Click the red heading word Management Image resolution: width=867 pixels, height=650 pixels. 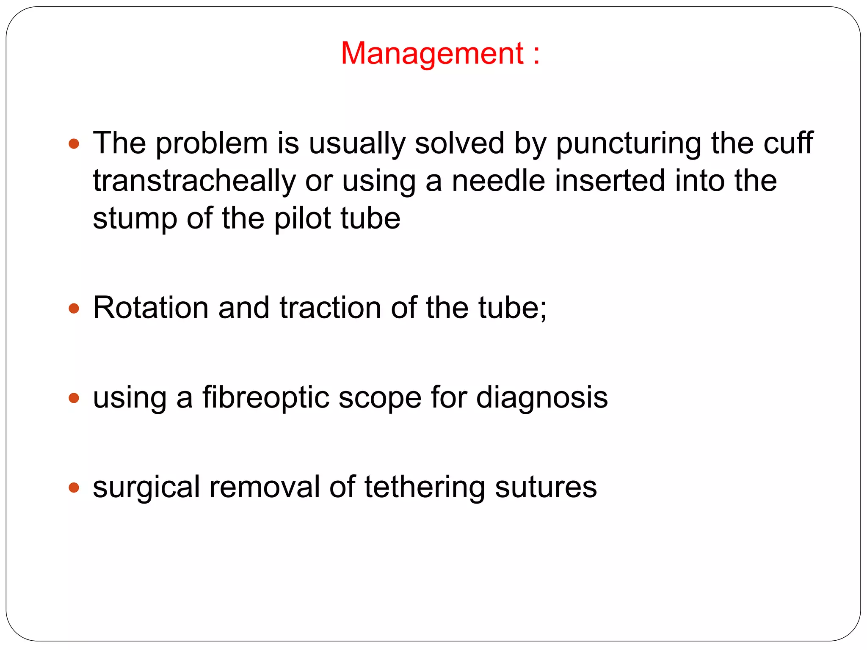point(432,53)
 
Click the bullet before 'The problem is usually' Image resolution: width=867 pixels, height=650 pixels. point(74,144)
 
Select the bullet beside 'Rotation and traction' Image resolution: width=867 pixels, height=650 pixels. point(74,308)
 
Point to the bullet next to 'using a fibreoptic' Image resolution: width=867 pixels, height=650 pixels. point(74,398)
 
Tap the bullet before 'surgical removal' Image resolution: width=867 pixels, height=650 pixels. point(74,487)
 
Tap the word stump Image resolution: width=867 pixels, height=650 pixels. point(135,219)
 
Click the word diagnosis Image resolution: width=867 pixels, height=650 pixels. point(542,398)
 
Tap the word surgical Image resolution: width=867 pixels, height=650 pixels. point(146,488)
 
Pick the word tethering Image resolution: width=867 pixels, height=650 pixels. point(425,487)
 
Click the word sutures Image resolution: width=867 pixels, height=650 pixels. point(546,487)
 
